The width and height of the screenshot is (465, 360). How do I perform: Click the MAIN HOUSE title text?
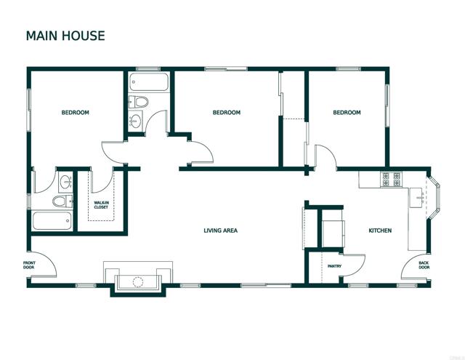(65, 35)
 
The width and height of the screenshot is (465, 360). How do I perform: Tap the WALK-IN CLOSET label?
(102, 205)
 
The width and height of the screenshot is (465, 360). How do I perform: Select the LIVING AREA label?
(220, 231)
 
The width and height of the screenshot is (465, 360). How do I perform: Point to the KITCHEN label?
(380, 231)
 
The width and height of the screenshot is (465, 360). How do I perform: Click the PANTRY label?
(334, 266)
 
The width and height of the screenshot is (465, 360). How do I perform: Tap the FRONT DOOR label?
(28, 265)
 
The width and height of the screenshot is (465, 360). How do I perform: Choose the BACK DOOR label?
(424, 266)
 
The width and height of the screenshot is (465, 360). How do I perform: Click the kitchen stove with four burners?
(391, 177)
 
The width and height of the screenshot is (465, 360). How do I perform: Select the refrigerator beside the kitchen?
(333, 230)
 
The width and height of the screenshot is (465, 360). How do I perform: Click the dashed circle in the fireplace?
(139, 281)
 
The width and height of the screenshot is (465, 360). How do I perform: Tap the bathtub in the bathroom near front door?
(51, 220)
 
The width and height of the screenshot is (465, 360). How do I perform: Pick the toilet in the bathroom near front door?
(63, 201)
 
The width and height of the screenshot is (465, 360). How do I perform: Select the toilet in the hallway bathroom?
(139, 101)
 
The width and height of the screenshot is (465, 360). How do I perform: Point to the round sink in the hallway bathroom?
(136, 121)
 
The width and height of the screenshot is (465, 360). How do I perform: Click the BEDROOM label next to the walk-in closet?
(75, 113)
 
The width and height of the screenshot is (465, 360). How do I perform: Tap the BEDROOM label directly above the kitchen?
(347, 113)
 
